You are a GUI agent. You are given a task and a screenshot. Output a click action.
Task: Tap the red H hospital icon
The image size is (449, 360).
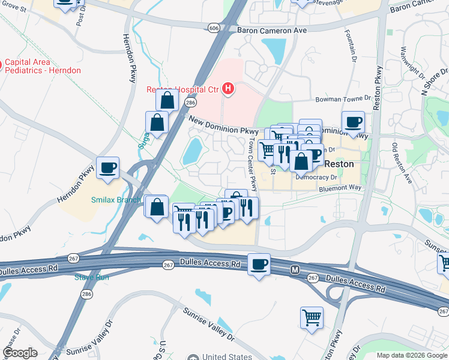[x=228, y=89]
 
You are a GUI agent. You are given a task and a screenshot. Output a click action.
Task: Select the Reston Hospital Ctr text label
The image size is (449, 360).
[x=182, y=90]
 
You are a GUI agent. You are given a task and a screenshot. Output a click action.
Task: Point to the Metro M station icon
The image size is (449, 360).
[x=295, y=271]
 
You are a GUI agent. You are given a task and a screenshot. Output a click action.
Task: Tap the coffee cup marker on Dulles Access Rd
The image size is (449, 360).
[x=259, y=265]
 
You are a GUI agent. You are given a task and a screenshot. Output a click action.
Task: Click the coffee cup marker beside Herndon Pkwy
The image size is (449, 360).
[x=108, y=168]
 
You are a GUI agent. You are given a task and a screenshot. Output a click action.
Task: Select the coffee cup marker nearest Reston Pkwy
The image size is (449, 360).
[x=353, y=122]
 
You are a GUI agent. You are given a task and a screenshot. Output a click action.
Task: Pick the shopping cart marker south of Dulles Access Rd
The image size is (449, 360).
[x=312, y=317]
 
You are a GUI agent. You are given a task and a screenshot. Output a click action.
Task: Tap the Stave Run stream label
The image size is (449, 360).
[x=91, y=277]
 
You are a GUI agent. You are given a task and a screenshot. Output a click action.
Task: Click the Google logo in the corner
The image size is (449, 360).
[x=20, y=353]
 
